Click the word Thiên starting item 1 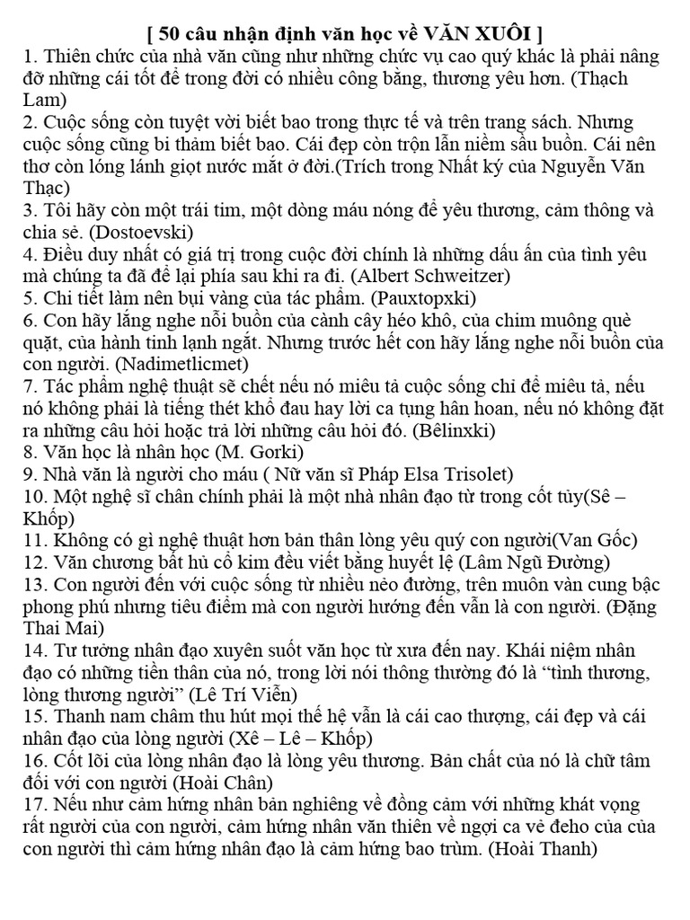[66, 57]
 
